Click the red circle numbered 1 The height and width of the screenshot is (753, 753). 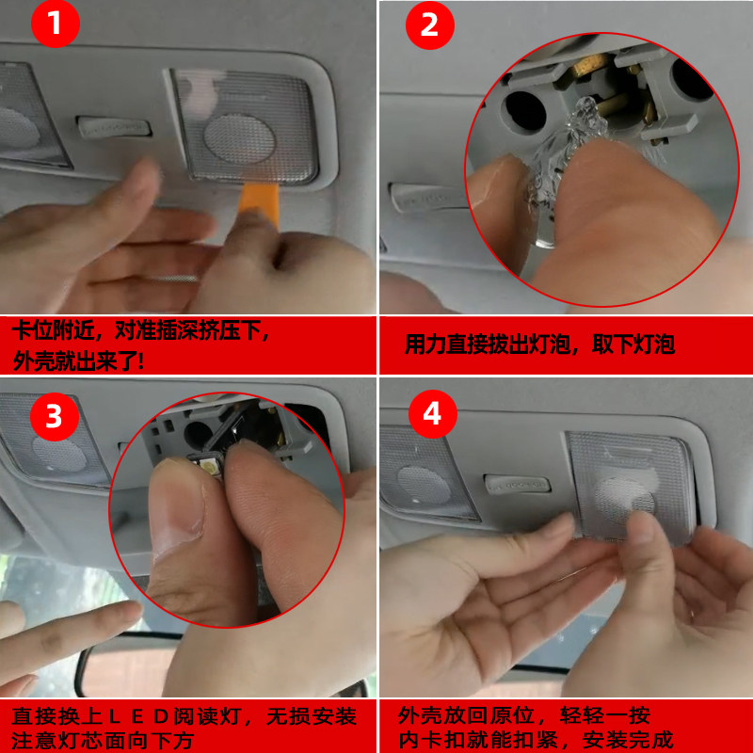(56, 23)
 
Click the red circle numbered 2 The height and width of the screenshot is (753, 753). (430, 25)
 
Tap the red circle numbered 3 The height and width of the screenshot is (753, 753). (55, 416)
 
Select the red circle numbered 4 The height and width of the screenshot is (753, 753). (433, 414)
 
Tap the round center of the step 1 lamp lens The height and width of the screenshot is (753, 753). (239, 138)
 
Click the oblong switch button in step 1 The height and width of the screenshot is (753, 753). (114, 127)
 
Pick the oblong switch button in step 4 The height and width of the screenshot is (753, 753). (517, 484)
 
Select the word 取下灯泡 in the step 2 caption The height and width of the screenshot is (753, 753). (633, 344)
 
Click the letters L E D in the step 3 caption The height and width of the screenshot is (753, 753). (136, 716)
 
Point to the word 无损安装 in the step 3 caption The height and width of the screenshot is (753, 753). (312, 716)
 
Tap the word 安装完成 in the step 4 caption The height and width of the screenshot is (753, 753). (628, 740)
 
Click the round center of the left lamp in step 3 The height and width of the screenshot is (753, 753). (59, 454)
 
